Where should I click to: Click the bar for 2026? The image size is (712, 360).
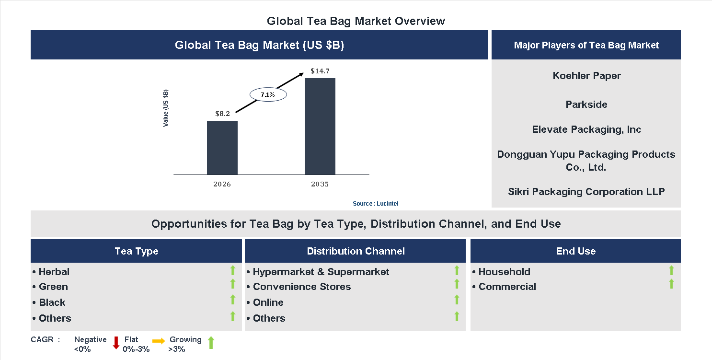point(222,148)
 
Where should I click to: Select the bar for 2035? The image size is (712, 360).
point(320,126)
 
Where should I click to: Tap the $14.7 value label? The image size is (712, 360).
point(320,71)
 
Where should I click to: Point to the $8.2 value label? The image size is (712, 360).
point(222,114)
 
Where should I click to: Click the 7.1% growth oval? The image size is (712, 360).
point(268,95)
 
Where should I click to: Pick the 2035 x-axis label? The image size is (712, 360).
point(320,184)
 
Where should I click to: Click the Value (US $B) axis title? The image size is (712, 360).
point(166,108)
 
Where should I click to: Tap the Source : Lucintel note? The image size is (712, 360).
point(375,204)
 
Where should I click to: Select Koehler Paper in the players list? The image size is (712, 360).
point(586,76)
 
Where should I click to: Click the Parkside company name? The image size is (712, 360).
point(586,105)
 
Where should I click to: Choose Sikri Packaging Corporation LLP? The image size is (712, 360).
point(586,192)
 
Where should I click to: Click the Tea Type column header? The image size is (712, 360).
point(137,251)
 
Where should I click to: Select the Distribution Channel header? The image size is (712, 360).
point(356,251)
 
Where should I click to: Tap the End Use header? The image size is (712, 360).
point(576,251)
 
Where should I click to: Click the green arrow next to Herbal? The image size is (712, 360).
point(233,270)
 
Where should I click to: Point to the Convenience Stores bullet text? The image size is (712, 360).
point(302,287)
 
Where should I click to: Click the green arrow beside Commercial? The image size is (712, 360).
point(671,284)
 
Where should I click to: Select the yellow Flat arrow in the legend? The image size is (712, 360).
point(159,341)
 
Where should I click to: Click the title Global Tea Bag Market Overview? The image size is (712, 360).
point(356,21)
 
